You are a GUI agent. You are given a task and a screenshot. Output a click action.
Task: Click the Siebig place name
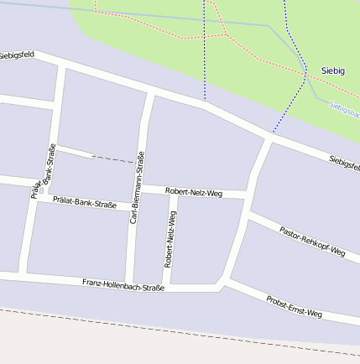coord(332,70)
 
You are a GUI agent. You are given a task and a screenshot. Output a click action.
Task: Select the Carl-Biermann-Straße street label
coord(137,186)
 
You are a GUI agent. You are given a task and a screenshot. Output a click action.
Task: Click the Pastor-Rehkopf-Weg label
coord(312,240)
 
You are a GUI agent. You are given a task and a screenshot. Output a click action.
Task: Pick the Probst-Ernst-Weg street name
coord(294,306)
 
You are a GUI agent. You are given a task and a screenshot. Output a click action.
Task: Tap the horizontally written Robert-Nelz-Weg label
coord(193,192)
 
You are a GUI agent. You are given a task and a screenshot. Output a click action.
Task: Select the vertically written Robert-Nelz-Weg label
coord(170,237)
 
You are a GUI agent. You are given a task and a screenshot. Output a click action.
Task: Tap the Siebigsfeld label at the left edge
coord(17,55)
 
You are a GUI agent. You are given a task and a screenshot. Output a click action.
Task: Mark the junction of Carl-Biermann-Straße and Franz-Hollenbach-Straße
coord(130,284)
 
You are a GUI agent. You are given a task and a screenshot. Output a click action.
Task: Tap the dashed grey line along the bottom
coord(168,329)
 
